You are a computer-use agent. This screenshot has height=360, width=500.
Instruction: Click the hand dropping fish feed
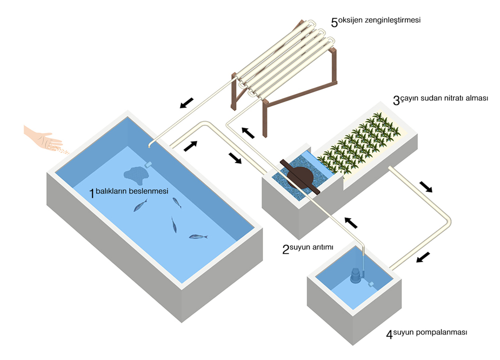click(x=42, y=137)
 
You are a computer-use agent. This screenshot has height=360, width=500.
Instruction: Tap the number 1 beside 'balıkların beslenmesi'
click(x=91, y=193)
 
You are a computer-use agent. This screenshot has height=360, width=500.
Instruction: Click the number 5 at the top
click(x=334, y=22)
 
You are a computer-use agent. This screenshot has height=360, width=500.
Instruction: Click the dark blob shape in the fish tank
click(x=135, y=173)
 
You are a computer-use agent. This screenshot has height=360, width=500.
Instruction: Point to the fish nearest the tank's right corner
click(x=197, y=236)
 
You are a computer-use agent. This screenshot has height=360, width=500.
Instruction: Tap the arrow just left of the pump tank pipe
click(x=352, y=221)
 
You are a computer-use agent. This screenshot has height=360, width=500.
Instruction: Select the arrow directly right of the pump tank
click(x=423, y=257)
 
